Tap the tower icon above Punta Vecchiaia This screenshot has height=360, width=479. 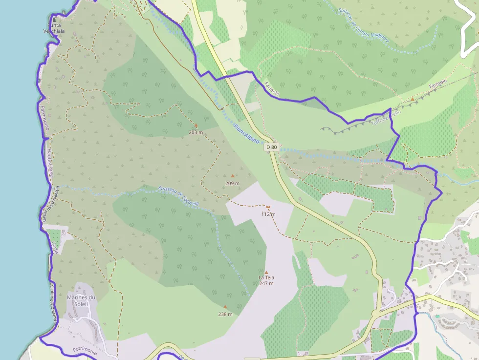54,19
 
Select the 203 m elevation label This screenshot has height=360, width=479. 196,132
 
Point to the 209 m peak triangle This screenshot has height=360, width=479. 232,176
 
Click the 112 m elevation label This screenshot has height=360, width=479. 268,214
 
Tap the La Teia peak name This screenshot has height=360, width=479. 266,278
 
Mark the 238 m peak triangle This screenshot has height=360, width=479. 225,307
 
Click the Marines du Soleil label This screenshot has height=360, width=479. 81,300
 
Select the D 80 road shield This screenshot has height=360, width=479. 272,147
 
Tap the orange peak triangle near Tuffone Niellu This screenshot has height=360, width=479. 413,99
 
